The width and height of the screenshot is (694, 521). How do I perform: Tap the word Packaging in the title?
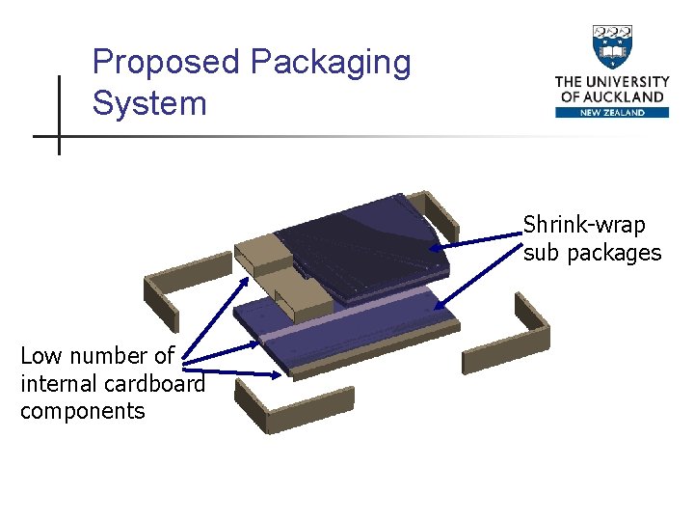tap(331, 63)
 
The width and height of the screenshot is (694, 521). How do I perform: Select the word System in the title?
tap(149, 102)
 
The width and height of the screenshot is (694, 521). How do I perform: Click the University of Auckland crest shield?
tap(612, 46)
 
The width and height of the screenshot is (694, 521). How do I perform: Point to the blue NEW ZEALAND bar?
tap(612, 112)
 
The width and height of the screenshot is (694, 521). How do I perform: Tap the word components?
tap(82, 411)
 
